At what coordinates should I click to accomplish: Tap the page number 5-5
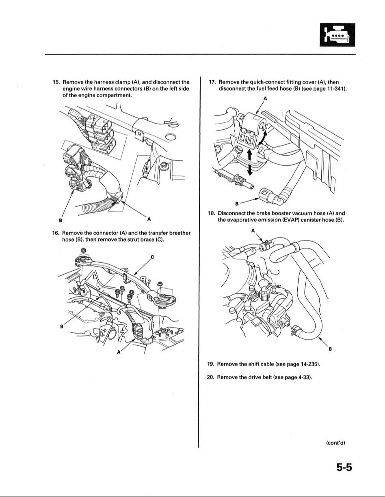pos(344,468)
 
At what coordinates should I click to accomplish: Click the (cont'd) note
pos(335,443)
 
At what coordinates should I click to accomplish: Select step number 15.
pos(56,82)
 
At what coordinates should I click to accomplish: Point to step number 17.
pos(212,82)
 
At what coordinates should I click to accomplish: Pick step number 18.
pos(212,213)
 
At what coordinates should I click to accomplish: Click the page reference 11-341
pos(335,89)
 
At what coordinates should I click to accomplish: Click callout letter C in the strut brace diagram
pos(152,256)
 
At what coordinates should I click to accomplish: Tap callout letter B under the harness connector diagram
pos(61,221)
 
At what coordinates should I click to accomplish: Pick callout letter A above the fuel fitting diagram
pos(265,99)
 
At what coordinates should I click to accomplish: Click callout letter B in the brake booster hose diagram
pos(330,349)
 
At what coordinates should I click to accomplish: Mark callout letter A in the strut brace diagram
pos(119,352)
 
